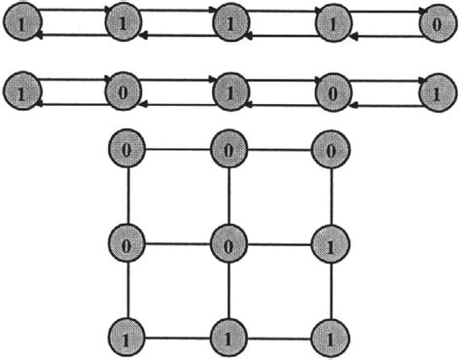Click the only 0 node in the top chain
click(x=435, y=22)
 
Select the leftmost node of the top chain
click(x=22, y=22)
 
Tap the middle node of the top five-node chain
click(x=229, y=22)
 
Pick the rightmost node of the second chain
click(x=435, y=93)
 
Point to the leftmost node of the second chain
click(x=22, y=93)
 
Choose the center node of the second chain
click(x=229, y=93)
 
